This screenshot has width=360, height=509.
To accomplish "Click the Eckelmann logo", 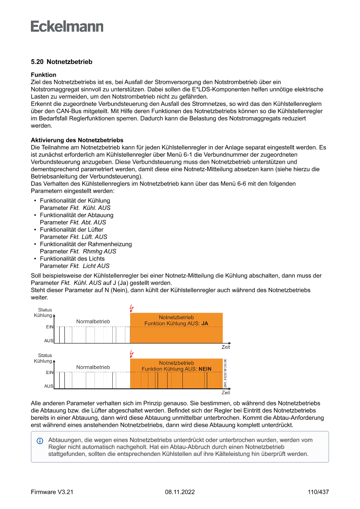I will click(x=67, y=26).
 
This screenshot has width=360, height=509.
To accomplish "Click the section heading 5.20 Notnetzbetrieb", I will click(x=61, y=62).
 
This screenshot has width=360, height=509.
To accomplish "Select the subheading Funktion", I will click(x=43, y=75).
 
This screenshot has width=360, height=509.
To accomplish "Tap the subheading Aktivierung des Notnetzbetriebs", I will click(x=77, y=140).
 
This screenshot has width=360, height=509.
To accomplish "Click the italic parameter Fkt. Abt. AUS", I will click(x=88, y=222).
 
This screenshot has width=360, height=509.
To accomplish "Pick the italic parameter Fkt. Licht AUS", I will click(x=90, y=266).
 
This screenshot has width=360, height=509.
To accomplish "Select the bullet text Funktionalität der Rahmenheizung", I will click(x=86, y=244).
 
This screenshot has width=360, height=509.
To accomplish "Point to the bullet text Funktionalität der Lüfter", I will click(x=72, y=229).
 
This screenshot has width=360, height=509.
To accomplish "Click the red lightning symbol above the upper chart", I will click(x=132, y=308).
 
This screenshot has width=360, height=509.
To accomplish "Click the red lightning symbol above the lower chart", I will click(x=132, y=354).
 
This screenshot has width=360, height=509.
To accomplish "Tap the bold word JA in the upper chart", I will click(x=205, y=324).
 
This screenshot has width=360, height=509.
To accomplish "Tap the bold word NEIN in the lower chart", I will click(x=205, y=369).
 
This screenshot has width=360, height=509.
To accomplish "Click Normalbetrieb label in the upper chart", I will click(x=93, y=321).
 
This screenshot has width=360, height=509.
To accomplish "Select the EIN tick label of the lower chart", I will click(x=50, y=373).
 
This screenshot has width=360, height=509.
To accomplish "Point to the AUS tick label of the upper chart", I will click(x=49, y=341).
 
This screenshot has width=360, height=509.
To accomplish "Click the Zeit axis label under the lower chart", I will click(x=225, y=393).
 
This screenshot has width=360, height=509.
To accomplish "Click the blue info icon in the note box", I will click(x=40, y=441).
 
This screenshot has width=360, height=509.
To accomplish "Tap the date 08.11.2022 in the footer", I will click(x=180, y=492).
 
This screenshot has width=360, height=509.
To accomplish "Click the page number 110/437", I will click(x=318, y=492).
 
